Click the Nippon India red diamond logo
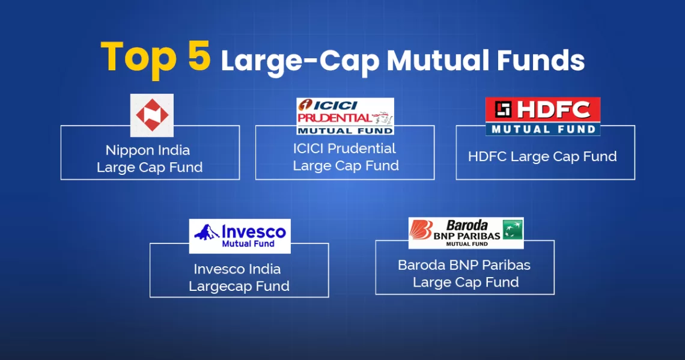coord(152,115)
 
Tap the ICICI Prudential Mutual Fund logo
coord(345,116)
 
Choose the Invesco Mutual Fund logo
coord(240,236)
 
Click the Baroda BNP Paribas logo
coord(466,233)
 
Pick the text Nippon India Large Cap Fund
coord(150,158)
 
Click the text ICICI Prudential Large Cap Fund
coord(345,157)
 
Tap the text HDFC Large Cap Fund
coord(542,157)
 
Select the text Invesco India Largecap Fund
coord(239,278)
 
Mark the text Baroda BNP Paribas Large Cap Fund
coord(464,273)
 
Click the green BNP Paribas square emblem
coord(513,229)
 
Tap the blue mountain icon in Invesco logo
coord(206,233)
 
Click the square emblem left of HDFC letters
coord(502,109)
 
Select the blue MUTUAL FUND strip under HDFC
coord(543,129)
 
